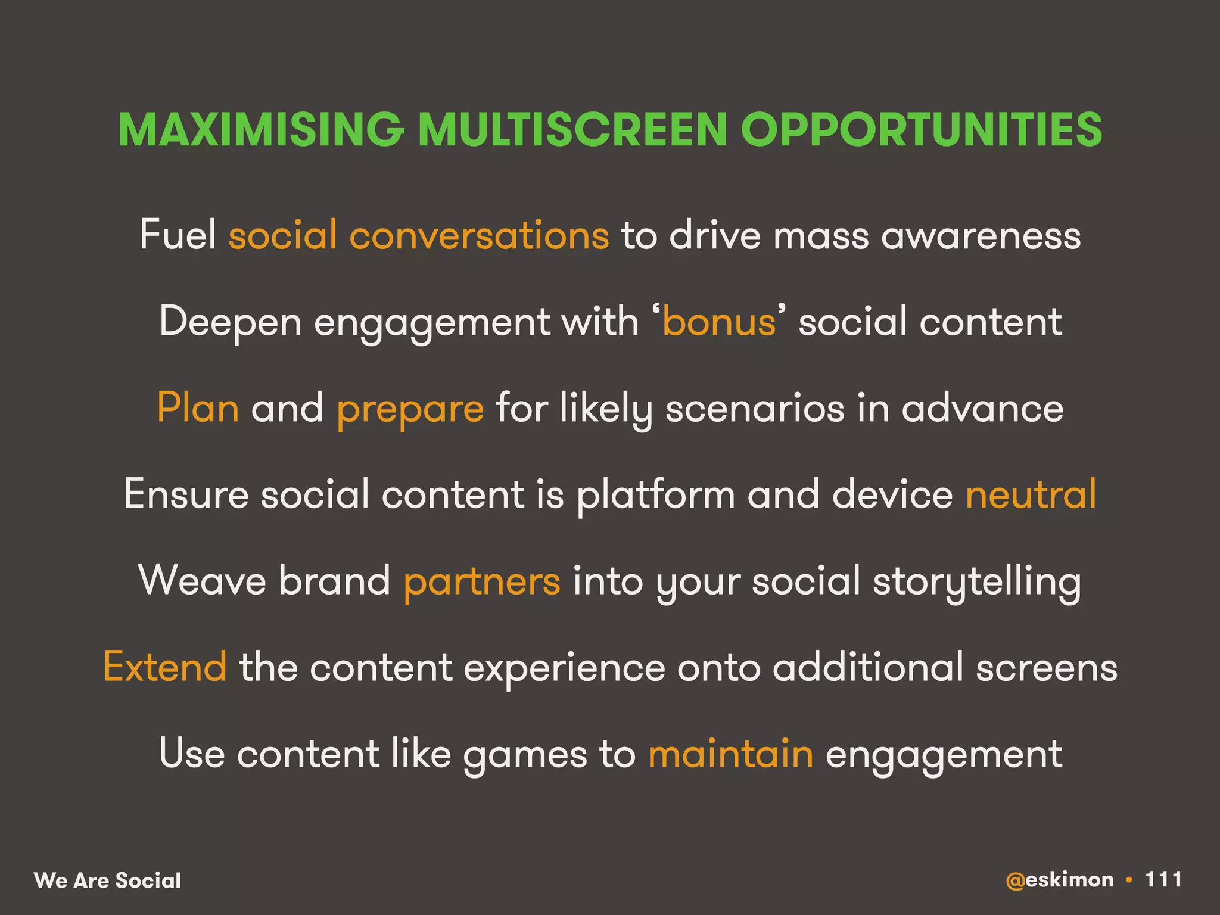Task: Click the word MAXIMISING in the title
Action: click(x=261, y=129)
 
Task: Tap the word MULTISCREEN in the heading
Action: click(x=572, y=129)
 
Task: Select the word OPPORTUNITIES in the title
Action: click(x=921, y=129)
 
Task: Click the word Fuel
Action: click(x=178, y=235)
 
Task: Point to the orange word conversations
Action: click(x=479, y=235)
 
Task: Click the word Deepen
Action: click(x=230, y=322)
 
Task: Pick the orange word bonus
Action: click(x=719, y=322)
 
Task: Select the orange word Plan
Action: click(x=198, y=408)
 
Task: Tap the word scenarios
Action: click(x=755, y=408)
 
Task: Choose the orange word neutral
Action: click(x=1031, y=494)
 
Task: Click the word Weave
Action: click(x=202, y=581)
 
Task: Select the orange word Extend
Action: click(x=165, y=667)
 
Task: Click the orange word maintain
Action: click(x=730, y=753)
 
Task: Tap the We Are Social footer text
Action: click(x=107, y=880)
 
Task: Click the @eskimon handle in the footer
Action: click(x=1059, y=880)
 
